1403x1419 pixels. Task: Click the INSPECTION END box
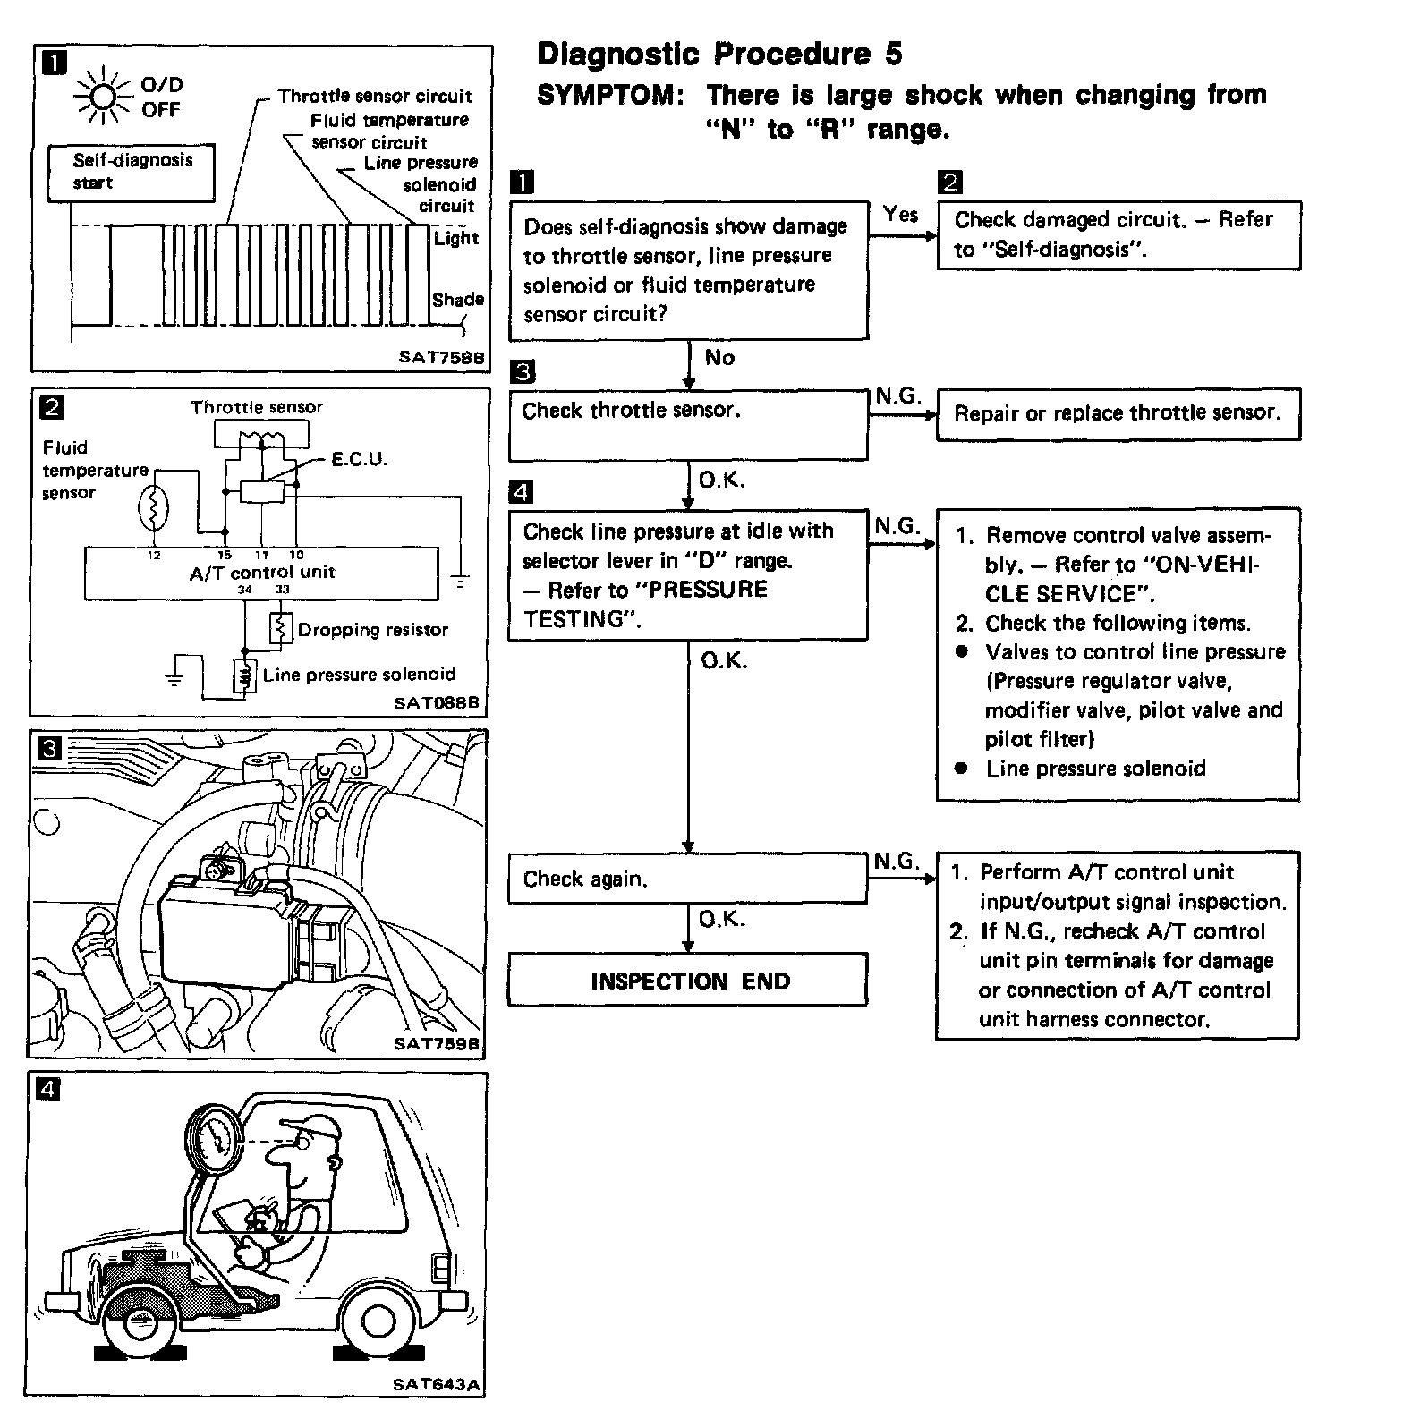point(688,981)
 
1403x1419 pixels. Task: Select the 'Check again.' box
point(688,879)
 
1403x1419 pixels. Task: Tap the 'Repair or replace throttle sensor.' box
point(1118,413)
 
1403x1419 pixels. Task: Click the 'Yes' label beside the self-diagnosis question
point(900,214)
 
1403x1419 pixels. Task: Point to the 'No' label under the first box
point(719,358)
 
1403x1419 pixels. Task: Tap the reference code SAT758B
point(441,357)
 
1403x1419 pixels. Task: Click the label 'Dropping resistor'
point(372,630)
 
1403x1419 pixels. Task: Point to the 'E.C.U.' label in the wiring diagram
point(359,460)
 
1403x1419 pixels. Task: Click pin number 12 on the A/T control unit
point(154,556)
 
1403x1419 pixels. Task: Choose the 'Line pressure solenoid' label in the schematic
point(359,675)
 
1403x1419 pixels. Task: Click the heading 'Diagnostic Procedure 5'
point(719,55)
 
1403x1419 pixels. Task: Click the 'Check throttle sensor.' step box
point(688,426)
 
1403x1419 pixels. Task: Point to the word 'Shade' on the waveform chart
point(458,300)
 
